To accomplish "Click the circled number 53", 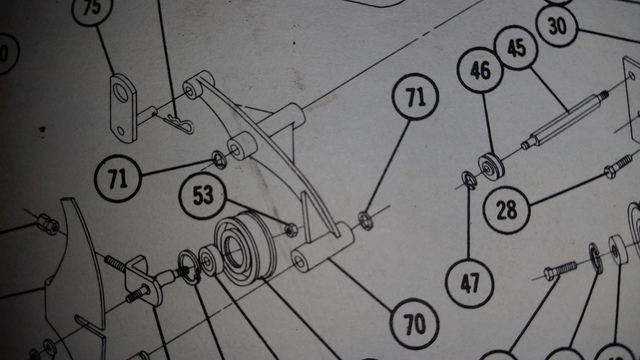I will (x=204, y=196).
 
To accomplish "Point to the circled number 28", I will (x=508, y=210).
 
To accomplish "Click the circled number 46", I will (x=481, y=70).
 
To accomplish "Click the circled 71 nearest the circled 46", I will (x=415, y=97).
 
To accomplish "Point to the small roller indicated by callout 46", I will (x=492, y=163).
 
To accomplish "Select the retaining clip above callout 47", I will (x=467, y=180).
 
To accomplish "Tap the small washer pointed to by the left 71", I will (x=217, y=158).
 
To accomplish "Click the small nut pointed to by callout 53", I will (x=290, y=230).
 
